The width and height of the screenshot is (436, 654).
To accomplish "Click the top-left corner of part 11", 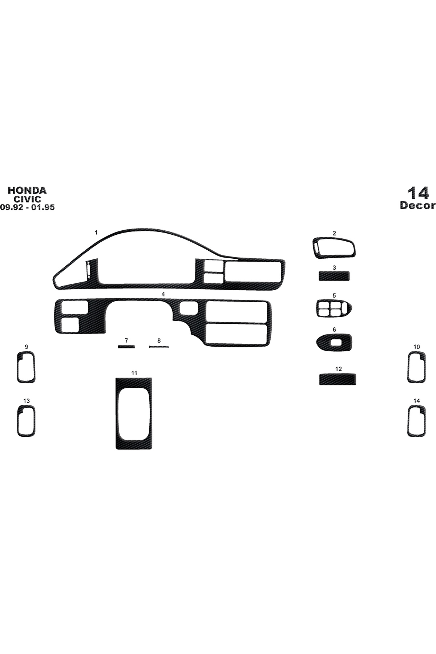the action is [x=116, y=378].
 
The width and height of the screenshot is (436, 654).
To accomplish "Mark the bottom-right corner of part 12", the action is [x=356, y=384].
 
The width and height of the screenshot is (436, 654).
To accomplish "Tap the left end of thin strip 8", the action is [x=149, y=347].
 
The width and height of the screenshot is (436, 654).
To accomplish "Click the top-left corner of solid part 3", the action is [x=319, y=272].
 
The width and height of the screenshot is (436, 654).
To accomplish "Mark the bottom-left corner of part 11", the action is [x=116, y=449].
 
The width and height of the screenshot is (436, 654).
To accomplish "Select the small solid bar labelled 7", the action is [x=126, y=347].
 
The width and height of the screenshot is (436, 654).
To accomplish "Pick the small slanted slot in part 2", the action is [x=317, y=248].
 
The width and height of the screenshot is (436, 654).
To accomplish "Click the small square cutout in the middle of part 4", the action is [x=189, y=308].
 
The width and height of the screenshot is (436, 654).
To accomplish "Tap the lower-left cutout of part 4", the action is [x=70, y=324].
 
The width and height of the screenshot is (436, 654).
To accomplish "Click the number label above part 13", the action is [x=27, y=401].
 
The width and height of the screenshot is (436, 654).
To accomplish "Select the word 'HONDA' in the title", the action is [x=27, y=190].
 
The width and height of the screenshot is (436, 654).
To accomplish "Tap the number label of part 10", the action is [x=417, y=347].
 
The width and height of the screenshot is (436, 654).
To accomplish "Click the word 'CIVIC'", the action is [x=27, y=199].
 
